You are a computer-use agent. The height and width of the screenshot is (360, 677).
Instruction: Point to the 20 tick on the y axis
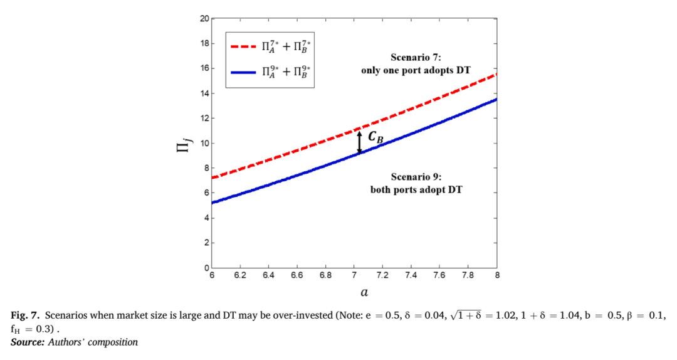point(204,19)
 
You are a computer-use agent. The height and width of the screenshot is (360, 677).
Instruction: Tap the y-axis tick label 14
point(204,93)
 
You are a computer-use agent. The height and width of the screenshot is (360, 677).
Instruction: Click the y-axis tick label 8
point(207,168)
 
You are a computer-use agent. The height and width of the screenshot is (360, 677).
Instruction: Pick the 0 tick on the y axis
point(207,268)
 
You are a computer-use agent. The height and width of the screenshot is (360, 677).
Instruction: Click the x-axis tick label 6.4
point(268,275)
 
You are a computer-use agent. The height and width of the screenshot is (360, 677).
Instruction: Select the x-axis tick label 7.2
point(382,275)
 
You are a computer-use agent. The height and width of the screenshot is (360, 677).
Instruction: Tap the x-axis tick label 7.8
point(468,275)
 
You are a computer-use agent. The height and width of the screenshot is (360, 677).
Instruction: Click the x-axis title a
point(364,293)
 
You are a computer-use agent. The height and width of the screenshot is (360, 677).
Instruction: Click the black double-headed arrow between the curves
point(359,142)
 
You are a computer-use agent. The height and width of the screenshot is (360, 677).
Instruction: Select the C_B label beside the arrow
point(375,137)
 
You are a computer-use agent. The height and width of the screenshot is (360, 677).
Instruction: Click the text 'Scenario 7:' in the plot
point(416,58)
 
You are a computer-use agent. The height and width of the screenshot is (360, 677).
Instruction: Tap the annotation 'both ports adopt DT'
point(416,190)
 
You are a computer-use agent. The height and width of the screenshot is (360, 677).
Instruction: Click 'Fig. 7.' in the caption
point(25,315)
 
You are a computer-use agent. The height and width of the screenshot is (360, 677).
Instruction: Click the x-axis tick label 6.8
point(325,275)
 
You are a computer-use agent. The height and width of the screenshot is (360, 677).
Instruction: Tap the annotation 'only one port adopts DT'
point(416,70)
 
